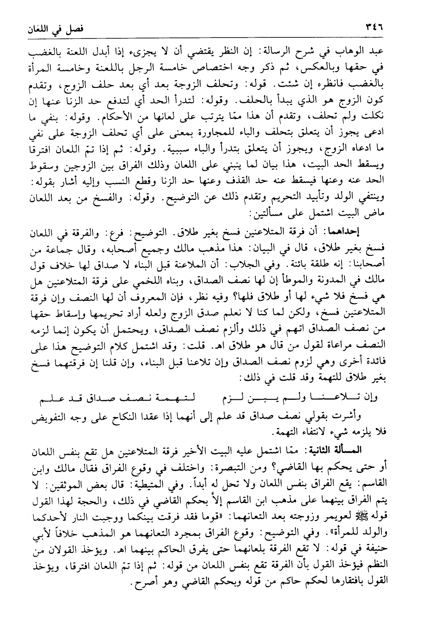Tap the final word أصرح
pyautogui.click(x=140, y=577)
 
